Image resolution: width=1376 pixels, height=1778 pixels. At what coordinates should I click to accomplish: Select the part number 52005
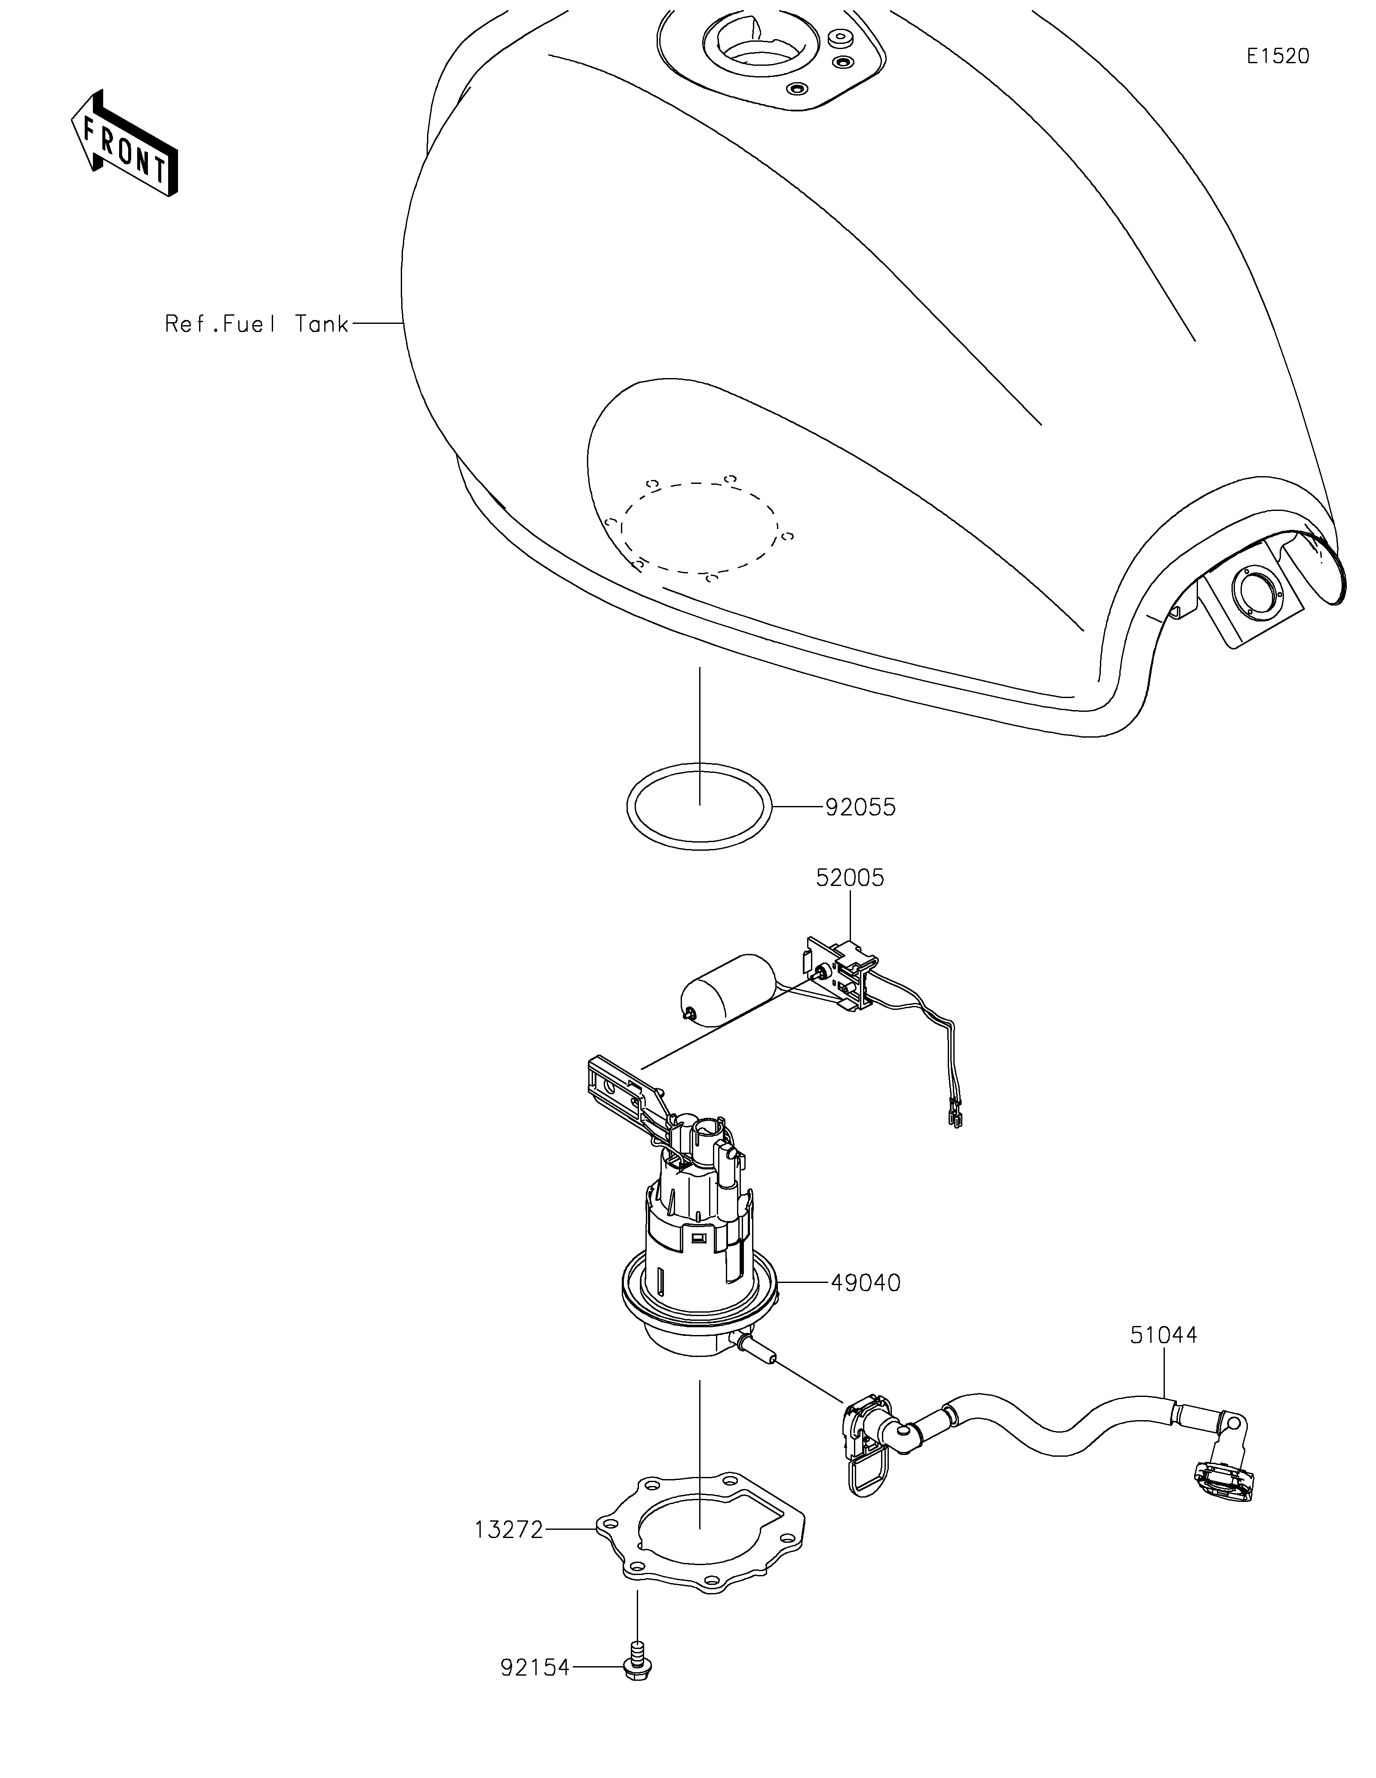click(851, 877)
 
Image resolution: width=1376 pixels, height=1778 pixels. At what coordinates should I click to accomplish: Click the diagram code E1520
click(1278, 56)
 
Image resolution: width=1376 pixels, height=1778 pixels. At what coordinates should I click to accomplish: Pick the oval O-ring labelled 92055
click(699, 808)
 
